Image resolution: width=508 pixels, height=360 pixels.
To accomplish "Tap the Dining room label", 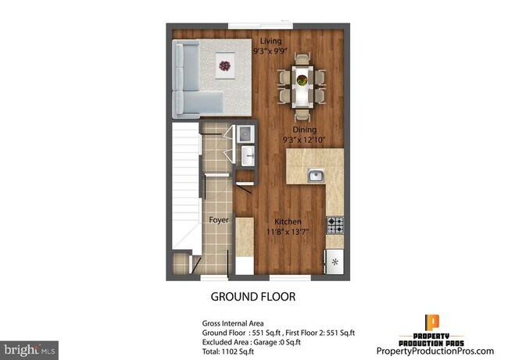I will (x=305, y=130).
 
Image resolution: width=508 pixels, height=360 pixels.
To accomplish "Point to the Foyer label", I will (x=219, y=219).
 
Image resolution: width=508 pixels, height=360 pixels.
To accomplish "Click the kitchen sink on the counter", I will (x=316, y=176).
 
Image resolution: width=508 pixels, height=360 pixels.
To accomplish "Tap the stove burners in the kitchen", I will (x=334, y=225).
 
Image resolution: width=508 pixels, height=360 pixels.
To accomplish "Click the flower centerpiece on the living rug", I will (x=226, y=68).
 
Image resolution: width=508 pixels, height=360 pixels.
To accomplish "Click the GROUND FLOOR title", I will (x=253, y=298).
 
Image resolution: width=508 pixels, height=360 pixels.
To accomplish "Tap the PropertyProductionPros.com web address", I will (x=435, y=351).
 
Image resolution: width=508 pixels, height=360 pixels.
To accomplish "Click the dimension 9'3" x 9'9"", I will (x=270, y=48).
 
